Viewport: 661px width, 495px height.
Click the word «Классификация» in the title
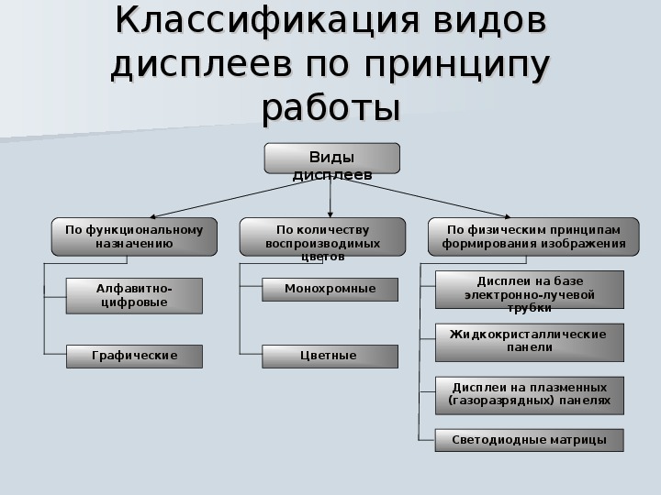point(267,22)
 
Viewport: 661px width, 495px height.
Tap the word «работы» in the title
point(330,108)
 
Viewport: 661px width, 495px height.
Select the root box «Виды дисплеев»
point(332,159)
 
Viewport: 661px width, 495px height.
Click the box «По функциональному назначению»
point(134,236)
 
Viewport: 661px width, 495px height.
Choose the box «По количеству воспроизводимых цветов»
point(322,236)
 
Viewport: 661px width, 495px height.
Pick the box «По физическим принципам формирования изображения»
point(533,236)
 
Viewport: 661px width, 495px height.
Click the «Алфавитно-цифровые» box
point(134,295)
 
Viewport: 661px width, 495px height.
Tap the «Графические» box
point(134,357)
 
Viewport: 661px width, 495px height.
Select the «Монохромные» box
point(330,290)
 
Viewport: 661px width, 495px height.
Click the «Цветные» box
point(330,357)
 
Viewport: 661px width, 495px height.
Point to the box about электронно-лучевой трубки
point(530,290)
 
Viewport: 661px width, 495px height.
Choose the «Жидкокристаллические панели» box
point(530,343)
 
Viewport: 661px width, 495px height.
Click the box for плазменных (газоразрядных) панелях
point(530,396)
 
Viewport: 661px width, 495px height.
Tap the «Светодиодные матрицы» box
point(530,440)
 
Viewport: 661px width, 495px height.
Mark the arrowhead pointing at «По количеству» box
point(330,214)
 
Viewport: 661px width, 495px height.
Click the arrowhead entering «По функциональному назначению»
point(152,216)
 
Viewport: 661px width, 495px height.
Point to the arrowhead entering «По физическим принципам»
point(508,216)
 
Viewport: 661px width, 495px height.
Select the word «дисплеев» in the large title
point(201,64)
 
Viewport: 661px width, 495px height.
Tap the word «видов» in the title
point(490,21)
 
